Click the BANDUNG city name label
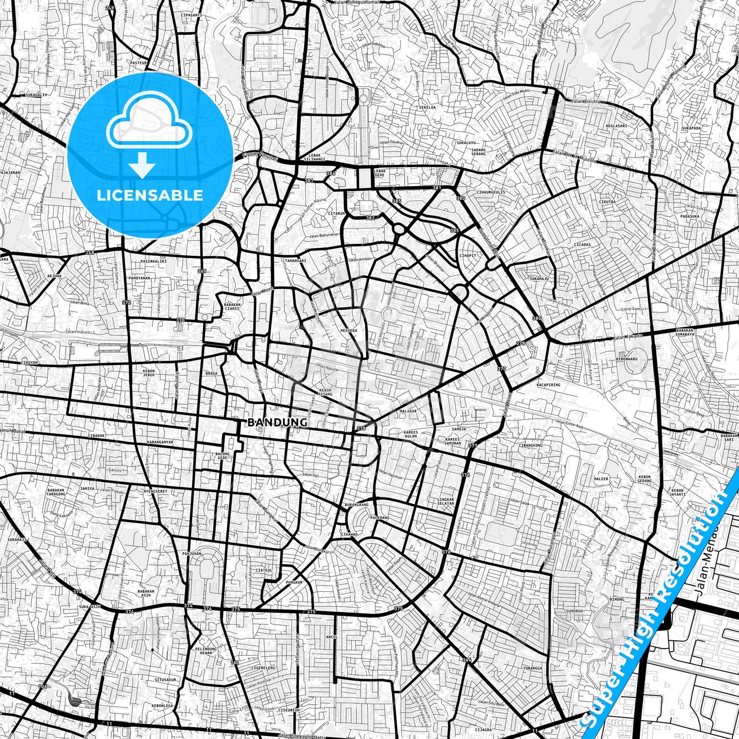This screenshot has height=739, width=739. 278,422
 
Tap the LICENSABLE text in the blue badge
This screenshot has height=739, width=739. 150,195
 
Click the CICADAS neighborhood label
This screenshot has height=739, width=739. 582,245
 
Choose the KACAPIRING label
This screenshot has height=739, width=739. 548,385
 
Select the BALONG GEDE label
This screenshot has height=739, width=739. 222,456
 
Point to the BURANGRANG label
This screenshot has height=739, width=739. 356,505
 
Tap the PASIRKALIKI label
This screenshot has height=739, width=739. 153,261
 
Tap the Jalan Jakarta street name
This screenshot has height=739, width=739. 628,337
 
